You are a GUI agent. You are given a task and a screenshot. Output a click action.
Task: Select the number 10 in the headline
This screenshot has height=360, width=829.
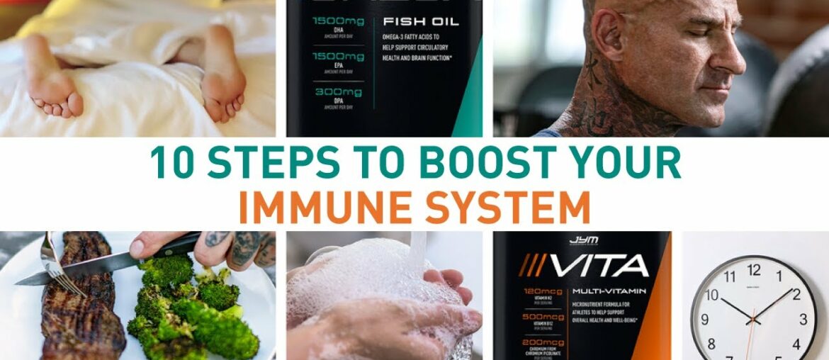(171, 164)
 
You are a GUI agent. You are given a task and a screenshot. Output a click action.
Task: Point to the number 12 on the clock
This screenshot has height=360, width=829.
(754, 270)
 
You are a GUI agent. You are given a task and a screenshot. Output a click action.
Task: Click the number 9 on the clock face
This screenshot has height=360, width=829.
(704, 320)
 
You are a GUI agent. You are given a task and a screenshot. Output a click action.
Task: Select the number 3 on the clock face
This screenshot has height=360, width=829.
(803, 320)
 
